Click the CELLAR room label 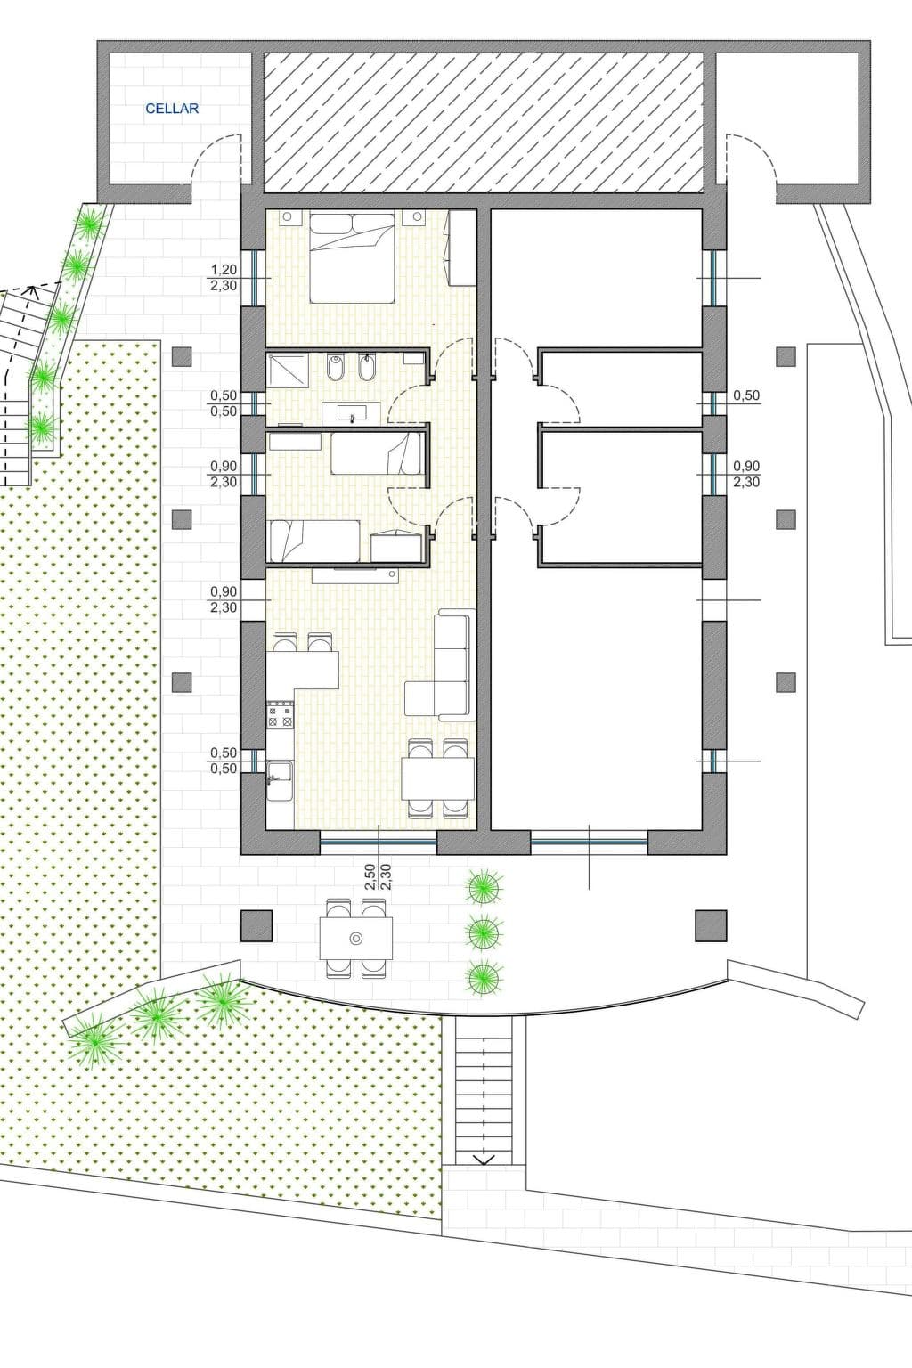[x=172, y=109]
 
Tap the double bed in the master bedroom [x=351, y=257]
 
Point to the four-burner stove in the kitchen [x=281, y=714]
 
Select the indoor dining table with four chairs [x=438, y=778]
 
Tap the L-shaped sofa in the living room [x=441, y=664]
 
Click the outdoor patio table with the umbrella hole [x=356, y=939]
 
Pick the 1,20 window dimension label [x=224, y=269]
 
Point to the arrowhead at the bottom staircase [x=484, y=1158]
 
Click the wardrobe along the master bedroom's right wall [x=461, y=248]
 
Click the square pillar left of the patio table [x=256, y=925]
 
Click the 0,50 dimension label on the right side [x=745, y=395]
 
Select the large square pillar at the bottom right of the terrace [x=711, y=925]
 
